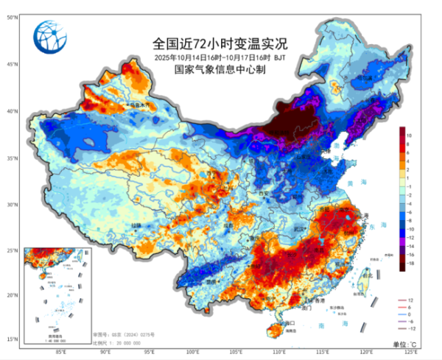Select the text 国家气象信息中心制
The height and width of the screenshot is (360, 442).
click(220, 70)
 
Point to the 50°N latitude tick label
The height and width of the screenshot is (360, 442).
click(13, 16)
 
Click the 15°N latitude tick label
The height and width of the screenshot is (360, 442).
click(13, 339)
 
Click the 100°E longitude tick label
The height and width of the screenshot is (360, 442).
click(193, 351)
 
